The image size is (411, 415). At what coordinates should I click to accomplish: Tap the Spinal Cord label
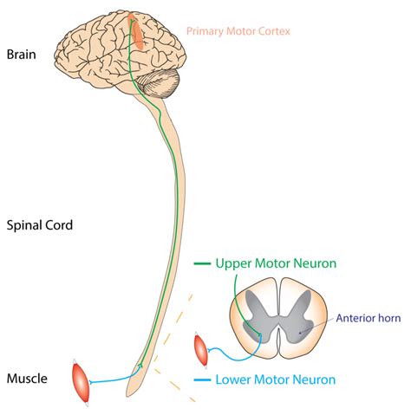coord(39,224)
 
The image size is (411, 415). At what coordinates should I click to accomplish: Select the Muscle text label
coord(27,378)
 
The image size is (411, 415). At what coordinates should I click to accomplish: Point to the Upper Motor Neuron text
coord(275,262)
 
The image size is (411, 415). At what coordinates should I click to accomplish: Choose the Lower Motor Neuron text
coord(275,379)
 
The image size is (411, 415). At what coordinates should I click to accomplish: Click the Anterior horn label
coord(367,316)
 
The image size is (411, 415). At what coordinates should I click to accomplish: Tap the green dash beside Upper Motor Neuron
coord(201,263)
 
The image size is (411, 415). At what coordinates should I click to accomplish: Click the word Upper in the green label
coord(234,262)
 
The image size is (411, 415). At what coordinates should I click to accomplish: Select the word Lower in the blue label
coord(235,379)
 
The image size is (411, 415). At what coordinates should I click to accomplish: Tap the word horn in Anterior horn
coord(386,316)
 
